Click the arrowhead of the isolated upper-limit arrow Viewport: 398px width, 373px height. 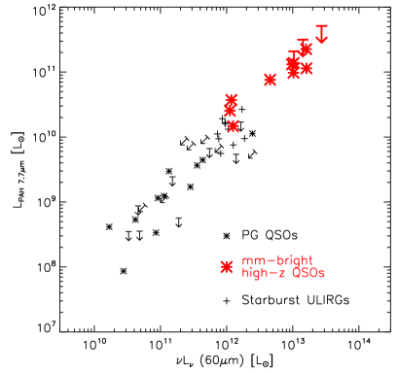click(x=322, y=40)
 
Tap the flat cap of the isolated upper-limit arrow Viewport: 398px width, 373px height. click(x=322, y=25)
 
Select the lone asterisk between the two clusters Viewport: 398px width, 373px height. click(x=270, y=80)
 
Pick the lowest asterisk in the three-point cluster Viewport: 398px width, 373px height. click(x=233, y=125)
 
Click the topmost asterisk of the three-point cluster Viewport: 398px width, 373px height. click(x=232, y=99)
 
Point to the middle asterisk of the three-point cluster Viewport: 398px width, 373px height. click(x=230, y=110)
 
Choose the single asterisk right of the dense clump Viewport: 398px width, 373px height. click(x=308, y=68)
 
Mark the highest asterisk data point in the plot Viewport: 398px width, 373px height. click(x=305, y=48)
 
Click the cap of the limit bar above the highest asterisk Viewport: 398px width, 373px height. click(x=303, y=40)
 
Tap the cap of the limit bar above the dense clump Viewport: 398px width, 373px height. click(x=293, y=52)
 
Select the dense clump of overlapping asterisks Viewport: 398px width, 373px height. click(x=293, y=67)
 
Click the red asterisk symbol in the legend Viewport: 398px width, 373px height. click(x=227, y=267)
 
